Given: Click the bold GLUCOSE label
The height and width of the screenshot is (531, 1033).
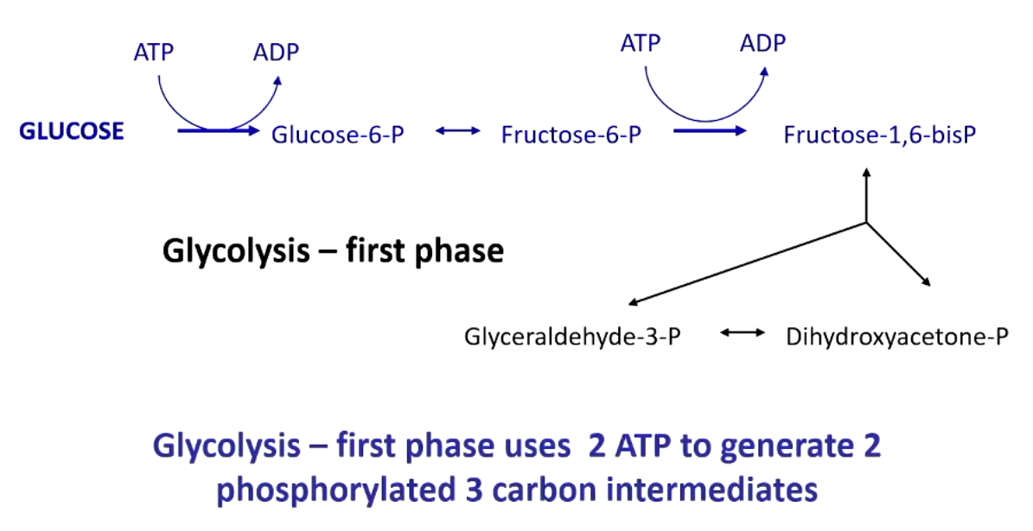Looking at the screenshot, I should (72, 131).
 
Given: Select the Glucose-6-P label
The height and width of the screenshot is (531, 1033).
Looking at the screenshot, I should (338, 135).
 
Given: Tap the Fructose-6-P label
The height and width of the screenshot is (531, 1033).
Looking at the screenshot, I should (571, 135).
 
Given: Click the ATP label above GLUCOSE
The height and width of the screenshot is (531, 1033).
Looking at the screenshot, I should (154, 52).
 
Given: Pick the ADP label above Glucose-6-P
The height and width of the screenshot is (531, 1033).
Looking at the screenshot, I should (276, 52).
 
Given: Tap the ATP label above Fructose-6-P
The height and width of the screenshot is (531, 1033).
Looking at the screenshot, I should (641, 42).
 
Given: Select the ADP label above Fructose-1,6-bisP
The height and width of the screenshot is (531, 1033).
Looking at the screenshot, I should (763, 42).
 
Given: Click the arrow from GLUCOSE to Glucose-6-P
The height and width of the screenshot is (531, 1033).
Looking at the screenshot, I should (217, 131).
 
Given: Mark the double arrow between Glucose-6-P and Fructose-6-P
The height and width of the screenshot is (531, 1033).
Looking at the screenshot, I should (458, 131).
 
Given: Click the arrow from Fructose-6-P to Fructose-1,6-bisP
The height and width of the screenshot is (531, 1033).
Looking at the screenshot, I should (709, 131).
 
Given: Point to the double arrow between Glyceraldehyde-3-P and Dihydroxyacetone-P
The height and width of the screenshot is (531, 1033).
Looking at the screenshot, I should (743, 331).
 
